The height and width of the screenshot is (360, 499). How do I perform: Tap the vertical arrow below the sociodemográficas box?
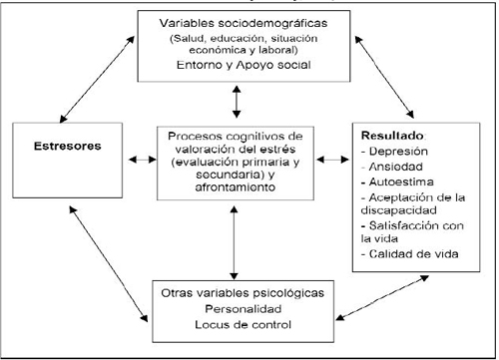point(237,100)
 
